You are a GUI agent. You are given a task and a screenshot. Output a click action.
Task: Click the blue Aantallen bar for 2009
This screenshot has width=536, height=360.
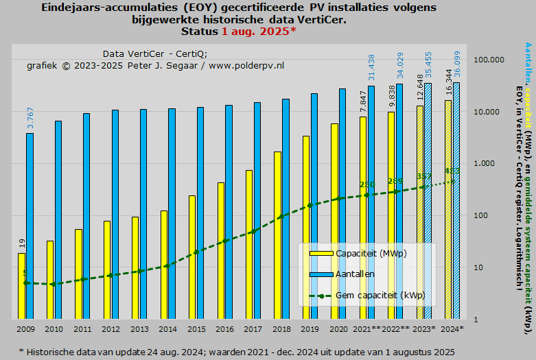pyautogui.click(x=30, y=226)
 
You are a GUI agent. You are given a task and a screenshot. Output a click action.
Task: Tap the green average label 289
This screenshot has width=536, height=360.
pyautogui.click(x=395, y=181)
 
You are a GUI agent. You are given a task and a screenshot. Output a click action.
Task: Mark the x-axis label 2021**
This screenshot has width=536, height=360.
pyautogui.click(x=366, y=329)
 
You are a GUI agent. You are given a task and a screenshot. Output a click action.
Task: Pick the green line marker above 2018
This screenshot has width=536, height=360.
pyautogui.click(x=281, y=217)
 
